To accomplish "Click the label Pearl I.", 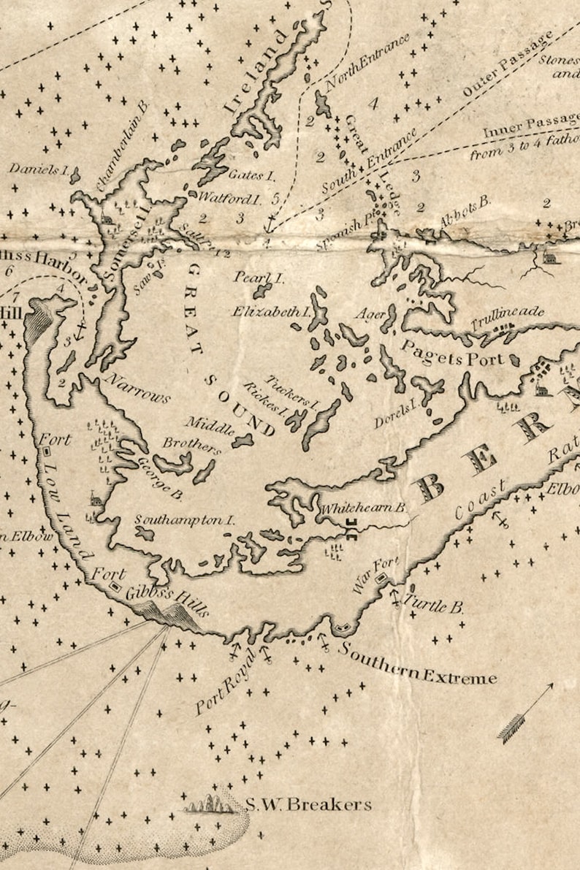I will tap(259, 278).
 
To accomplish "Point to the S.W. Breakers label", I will tap(308, 805).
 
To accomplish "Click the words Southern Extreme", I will tap(417, 665).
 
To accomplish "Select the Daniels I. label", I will tap(38, 169).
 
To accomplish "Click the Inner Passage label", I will tap(520, 127).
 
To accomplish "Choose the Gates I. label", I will tap(251, 175).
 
